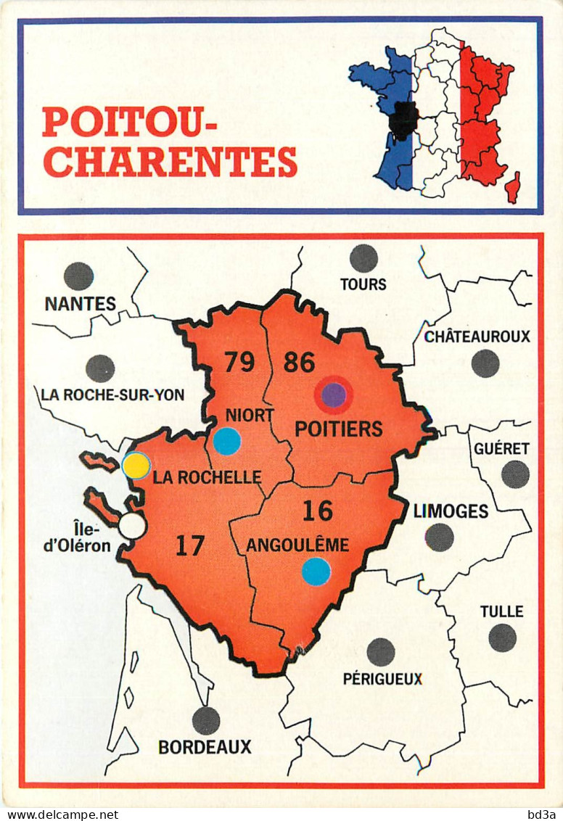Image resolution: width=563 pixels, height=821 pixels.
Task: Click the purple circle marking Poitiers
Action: (x=334, y=395)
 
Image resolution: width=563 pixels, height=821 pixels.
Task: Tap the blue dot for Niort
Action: (x=227, y=441)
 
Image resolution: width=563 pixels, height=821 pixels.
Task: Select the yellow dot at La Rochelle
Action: (x=136, y=466)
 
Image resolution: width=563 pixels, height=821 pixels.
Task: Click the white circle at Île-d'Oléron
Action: (x=132, y=526)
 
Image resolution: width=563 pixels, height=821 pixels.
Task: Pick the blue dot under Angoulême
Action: (x=316, y=572)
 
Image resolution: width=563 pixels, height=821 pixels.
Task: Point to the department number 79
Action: (x=239, y=361)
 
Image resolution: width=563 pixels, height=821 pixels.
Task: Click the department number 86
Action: (x=299, y=361)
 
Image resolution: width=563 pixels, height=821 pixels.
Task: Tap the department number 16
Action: (x=317, y=511)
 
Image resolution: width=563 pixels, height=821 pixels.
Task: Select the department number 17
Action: (x=189, y=545)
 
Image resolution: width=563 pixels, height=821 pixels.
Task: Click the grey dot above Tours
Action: (x=363, y=258)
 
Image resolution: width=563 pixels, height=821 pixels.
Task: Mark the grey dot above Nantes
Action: (x=78, y=276)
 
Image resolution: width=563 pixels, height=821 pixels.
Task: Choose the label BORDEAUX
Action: (x=205, y=746)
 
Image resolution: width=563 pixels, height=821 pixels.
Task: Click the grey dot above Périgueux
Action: (x=381, y=652)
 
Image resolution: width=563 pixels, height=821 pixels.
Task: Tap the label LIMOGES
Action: (x=451, y=511)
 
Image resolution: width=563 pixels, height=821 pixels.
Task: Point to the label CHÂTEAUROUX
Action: (x=477, y=337)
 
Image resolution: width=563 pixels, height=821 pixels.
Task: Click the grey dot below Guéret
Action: (x=515, y=474)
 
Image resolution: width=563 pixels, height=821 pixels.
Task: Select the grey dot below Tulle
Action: (x=502, y=638)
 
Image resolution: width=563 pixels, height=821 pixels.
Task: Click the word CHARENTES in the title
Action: (x=170, y=161)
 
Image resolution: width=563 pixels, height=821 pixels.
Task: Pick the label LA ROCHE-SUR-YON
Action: (x=112, y=395)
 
